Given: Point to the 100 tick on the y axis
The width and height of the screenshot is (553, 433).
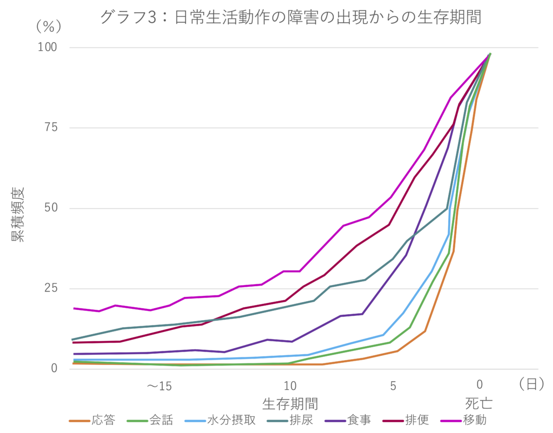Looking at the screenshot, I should click(x=47, y=48).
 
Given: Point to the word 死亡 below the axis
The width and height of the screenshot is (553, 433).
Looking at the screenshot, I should click(x=479, y=403).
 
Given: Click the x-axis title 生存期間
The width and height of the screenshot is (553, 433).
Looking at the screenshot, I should click(x=290, y=403).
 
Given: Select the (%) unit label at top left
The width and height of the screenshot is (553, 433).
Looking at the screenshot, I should click(x=49, y=25).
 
